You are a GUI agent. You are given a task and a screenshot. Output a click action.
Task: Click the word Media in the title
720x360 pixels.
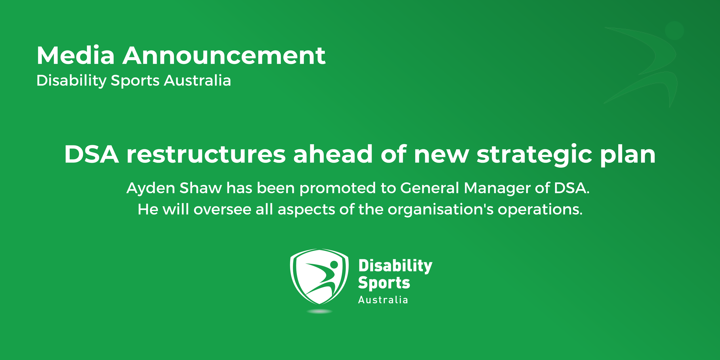75,56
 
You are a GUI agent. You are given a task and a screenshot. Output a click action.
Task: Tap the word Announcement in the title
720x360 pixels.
224,56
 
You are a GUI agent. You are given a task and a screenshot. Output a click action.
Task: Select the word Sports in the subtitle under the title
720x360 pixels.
135,80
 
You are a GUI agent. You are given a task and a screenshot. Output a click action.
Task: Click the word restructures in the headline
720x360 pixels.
206,155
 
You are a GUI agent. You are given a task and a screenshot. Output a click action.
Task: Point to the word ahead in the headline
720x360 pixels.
333,155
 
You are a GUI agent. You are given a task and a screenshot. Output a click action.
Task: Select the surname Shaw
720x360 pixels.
201,188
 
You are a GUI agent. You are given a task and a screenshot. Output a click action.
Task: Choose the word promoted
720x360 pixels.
338,189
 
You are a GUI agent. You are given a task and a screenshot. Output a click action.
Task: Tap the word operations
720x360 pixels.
540,210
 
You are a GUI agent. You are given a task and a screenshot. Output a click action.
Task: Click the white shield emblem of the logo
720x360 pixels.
319,276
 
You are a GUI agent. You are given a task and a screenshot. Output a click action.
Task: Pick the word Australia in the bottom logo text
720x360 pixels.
383,300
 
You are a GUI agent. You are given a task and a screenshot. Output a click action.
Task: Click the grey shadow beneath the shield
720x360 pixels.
319,311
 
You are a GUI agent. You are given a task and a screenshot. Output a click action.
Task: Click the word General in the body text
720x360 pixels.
429,188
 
